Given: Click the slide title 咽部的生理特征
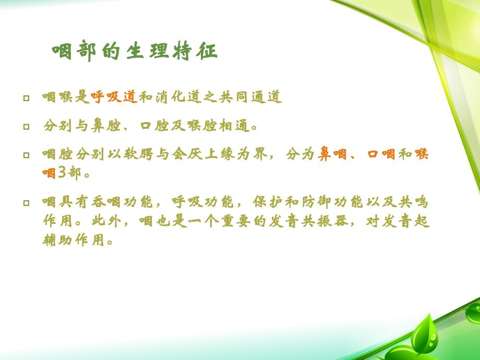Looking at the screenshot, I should coord(135,52).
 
